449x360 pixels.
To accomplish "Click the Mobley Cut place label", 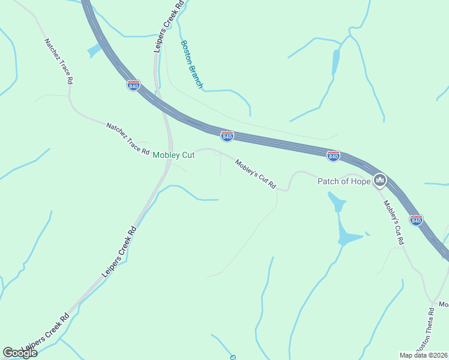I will click(173, 155).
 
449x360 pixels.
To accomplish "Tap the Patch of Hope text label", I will click(345, 181).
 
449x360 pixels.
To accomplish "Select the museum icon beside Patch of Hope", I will click(379, 179).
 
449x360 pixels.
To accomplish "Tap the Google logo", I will click(20, 353).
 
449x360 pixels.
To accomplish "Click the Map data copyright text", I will click(423, 355).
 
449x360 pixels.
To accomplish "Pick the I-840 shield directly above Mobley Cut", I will click(227, 137).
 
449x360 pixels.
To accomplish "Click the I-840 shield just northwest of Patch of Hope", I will click(334, 156).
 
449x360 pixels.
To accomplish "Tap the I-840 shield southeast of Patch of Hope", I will click(416, 220).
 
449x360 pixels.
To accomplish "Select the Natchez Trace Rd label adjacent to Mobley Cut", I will click(128, 139).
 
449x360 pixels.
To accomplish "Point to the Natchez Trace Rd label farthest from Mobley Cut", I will click(58, 61).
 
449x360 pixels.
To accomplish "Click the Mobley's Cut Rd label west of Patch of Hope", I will click(256, 174).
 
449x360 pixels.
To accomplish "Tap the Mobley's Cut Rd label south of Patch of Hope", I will click(394, 223).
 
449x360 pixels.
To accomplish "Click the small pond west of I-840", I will click(94, 51).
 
